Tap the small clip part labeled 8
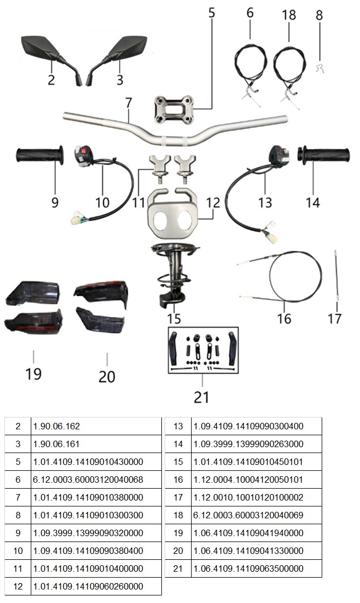tap(318, 68)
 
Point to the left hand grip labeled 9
tap(39, 156)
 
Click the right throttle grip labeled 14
tap(324, 156)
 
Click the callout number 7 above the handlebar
tap(128, 103)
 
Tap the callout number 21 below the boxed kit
tap(201, 398)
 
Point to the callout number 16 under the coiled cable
tap(284, 318)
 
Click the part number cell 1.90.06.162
tap(57, 426)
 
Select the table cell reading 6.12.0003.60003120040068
tap(88, 479)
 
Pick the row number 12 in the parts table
tap(18, 586)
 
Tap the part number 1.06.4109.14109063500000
tap(248, 568)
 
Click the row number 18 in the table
tap(178, 515)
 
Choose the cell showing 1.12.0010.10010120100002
tap(248, 497)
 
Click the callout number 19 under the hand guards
tap(33, 373)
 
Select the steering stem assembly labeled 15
tap(175, 275)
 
